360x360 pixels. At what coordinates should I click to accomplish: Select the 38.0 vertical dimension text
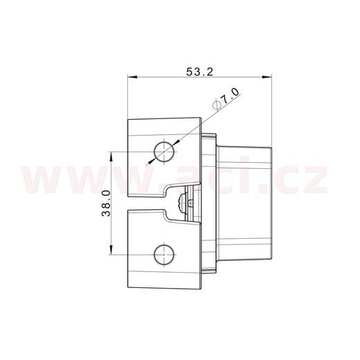[105, 203]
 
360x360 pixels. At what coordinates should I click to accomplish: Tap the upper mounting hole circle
[164, 151]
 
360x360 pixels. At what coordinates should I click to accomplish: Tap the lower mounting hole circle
[164, 253]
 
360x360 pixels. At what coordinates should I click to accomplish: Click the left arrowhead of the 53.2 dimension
[132, 78]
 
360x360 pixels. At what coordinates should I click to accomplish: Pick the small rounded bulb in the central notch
[181, 202]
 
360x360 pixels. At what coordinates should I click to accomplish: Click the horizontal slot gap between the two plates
[145, 202]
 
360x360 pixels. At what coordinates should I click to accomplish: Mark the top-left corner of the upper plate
[129, 119]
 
